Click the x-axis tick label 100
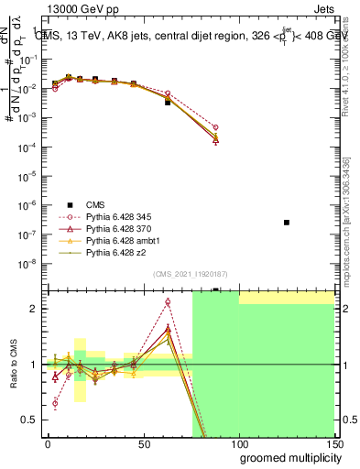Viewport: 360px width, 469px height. coord(239,442)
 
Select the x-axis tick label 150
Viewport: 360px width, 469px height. coord(334,442)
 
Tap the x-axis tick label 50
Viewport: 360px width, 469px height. coord(143,442)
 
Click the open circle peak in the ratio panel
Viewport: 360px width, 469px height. coord(168,301)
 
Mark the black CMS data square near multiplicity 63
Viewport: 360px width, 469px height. coord(168,103)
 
